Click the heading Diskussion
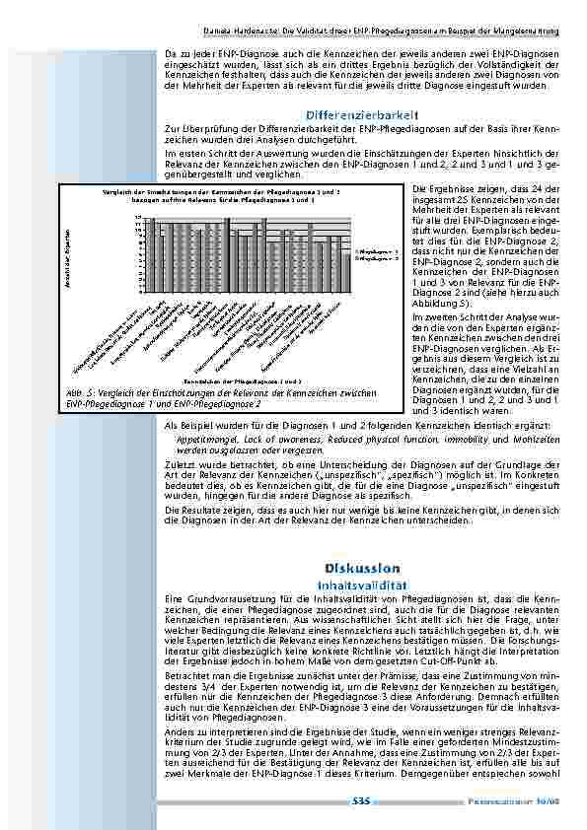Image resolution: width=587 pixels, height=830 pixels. pos(362,568)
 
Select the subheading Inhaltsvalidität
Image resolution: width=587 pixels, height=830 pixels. pos(362,583)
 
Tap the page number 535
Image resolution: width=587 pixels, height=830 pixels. pos(361,800)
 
